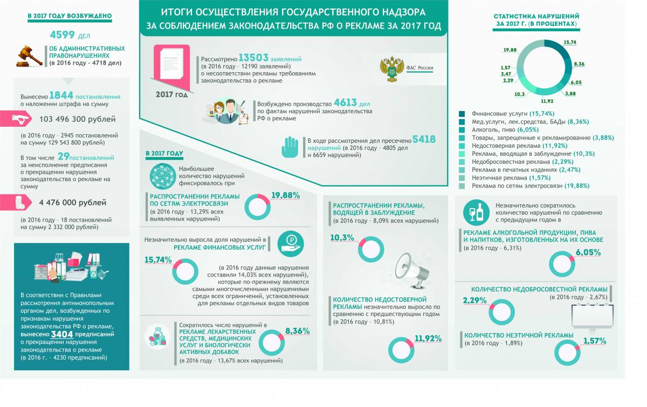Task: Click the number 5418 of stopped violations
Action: click(x=423, y=140)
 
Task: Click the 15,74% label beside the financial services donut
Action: click(x=158, y=260)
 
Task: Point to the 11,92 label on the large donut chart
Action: click(x=546, y=100)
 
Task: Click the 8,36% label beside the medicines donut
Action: click(x=297, y=330)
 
